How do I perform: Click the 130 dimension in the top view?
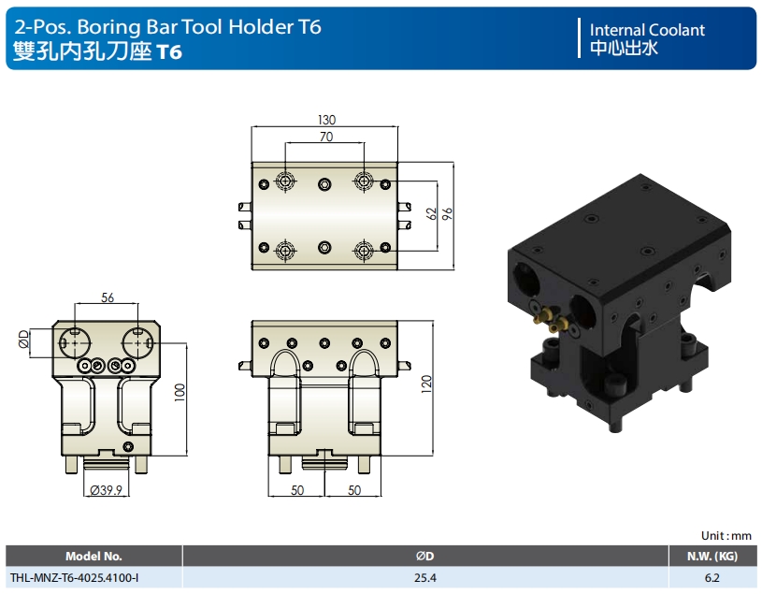(325, 120)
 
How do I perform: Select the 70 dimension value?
(325, 137)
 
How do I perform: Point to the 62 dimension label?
(431, 213)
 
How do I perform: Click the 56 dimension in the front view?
(107, 297)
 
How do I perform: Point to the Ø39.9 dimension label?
(106, 490)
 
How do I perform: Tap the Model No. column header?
(93, 556)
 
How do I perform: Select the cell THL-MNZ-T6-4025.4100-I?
(74, 578)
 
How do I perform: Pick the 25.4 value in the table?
(426, 578)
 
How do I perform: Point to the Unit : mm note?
(726, 536)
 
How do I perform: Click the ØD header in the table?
(425, 556)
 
